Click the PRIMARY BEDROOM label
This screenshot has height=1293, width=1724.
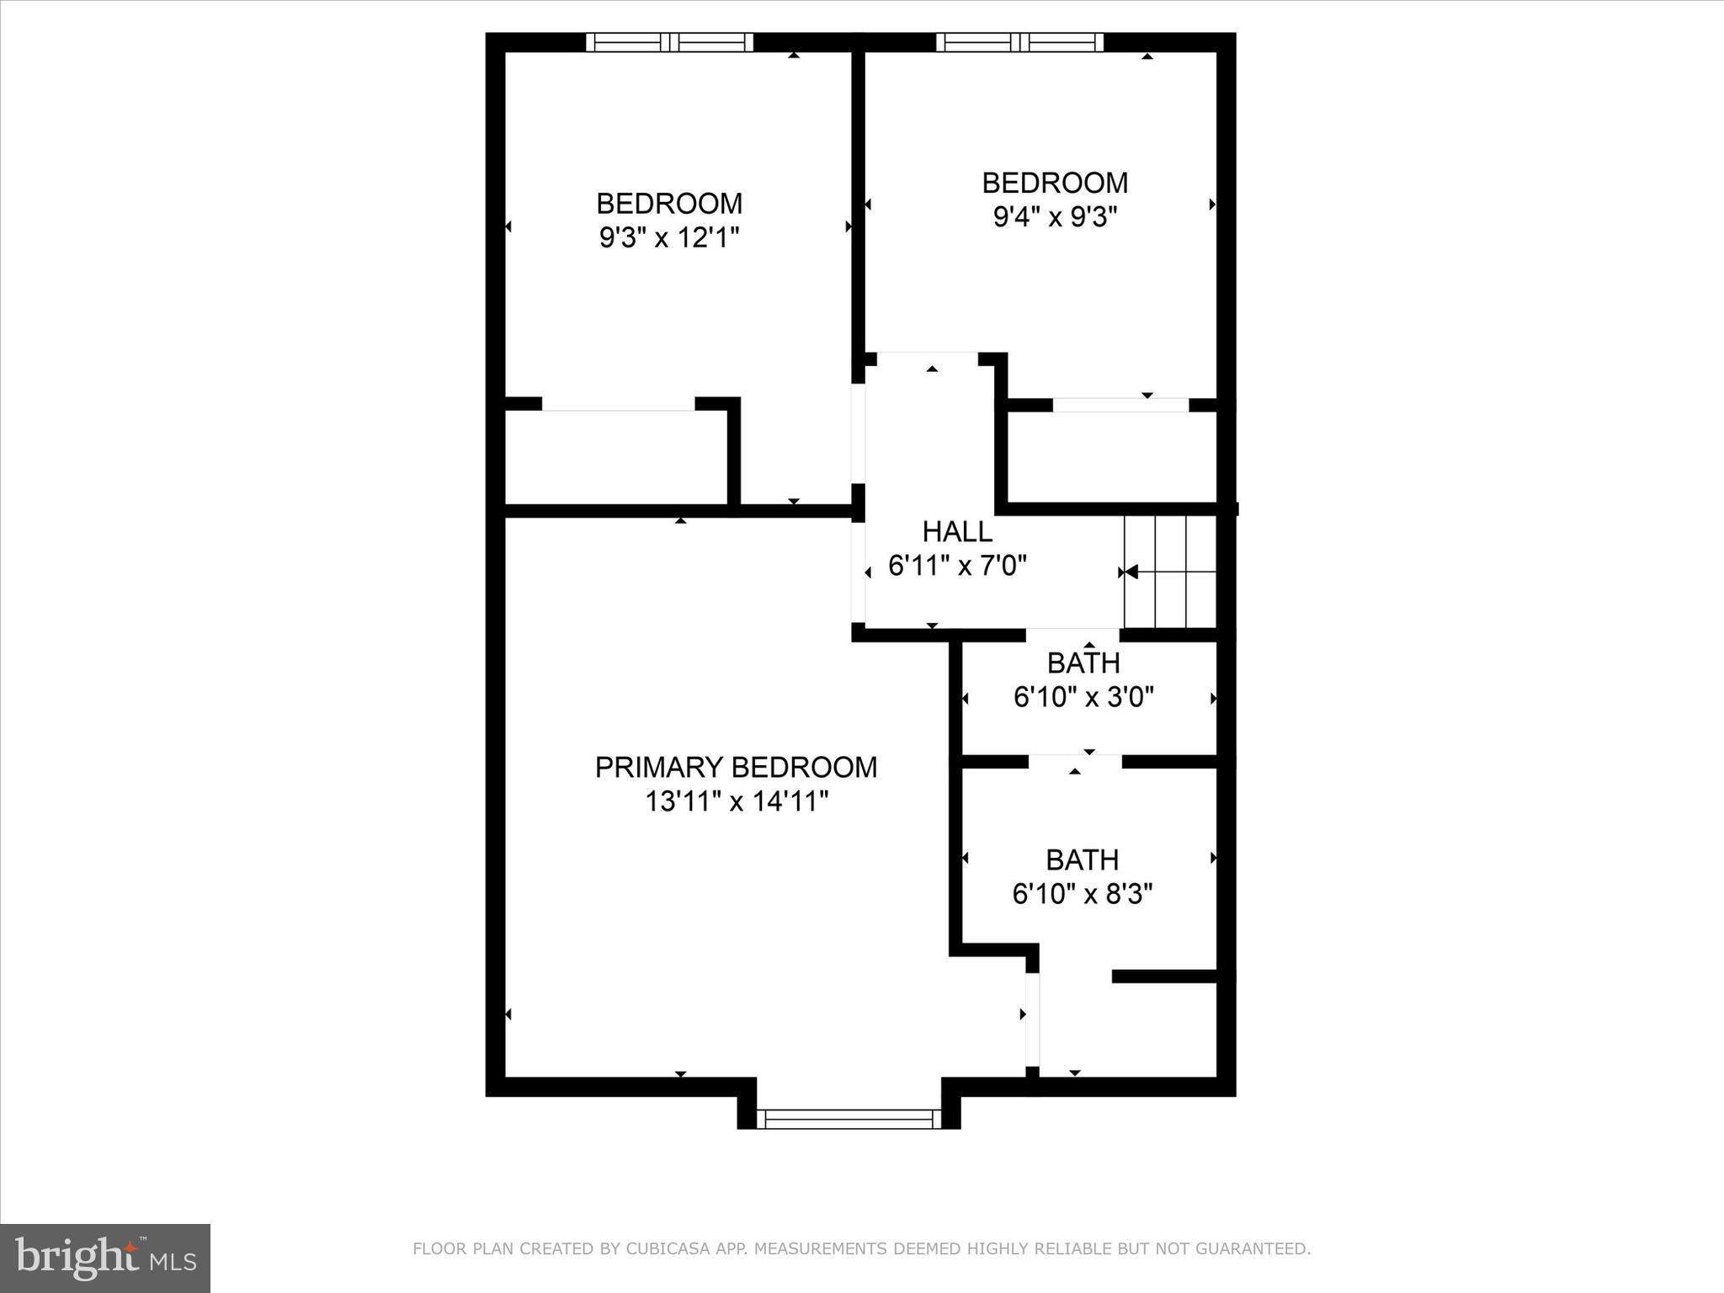(x=736, y=767)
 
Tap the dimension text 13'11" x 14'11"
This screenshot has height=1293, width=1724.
(x=737, y=801)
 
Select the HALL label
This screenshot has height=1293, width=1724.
(x=957, y=531)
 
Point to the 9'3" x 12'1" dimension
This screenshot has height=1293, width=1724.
(x=669, y=238)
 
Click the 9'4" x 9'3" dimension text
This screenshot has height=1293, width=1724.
(x=1055, y=218)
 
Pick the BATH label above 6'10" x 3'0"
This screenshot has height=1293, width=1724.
(x=1083, y=663)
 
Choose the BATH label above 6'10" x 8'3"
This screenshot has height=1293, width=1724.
(x=1082, y=859)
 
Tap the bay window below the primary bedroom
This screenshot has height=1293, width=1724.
(x=849, y=1119)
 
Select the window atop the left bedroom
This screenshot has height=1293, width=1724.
(x=669, y=42)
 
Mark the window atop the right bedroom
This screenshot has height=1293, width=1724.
(x=1019, y=42)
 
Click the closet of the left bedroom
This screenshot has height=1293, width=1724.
(x=615, y=459)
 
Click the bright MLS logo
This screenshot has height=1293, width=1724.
(x=105, y=1258)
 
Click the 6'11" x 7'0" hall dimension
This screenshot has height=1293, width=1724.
(x=957, y=566)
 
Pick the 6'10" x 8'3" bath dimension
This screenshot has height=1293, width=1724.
(x=1082, y=894)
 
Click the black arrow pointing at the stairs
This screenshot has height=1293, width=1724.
(x=1131, y=572)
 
